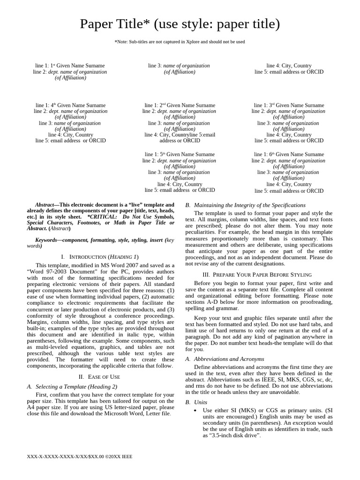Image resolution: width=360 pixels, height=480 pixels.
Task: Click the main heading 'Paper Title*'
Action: [x=180, y=24]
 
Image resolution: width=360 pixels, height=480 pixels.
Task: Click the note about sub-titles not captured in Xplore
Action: [x=180, y=42]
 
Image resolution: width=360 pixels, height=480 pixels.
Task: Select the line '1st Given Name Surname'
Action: [x=70, y=66]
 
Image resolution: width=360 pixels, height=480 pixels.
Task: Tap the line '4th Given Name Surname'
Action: [x=70, y=105]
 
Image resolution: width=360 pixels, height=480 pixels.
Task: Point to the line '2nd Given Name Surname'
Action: [x=180, y=105]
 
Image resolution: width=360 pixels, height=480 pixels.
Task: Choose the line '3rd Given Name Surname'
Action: [x=289, y=105]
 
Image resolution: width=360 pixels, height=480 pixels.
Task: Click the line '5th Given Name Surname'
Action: [x=180, y=154]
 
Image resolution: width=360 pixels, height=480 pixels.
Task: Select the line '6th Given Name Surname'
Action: [x=289, y=154]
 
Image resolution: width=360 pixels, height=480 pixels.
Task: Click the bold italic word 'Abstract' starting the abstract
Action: [x=45, y=205]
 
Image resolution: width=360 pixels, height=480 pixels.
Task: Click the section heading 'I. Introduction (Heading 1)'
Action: [x=100, y=257]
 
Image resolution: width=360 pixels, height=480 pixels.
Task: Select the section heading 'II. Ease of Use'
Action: [x=99, y=376]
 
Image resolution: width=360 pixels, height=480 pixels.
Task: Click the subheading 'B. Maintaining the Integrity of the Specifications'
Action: [x=245, y=205]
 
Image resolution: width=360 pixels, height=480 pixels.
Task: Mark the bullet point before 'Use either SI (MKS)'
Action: [x=195, y=411]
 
